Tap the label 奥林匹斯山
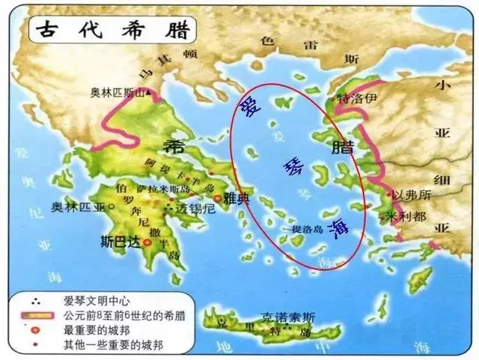118,93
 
